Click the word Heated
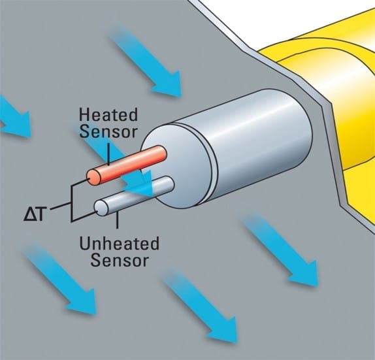(108, 115)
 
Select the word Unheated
(119, 244)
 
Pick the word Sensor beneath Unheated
(120, 260)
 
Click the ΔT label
(34, 214)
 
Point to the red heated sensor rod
(127, 165)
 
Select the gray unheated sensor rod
(134, 195)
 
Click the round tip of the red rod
(93, 178)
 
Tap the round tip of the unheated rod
(101, 208)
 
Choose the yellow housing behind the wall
(330, 95)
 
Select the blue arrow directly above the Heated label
(146, 62)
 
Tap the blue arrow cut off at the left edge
(14, 117)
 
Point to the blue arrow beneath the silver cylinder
(280, 250)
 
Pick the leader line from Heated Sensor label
(108, 154)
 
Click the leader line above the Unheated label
(117, 220)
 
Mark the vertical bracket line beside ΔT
(71, 203)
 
